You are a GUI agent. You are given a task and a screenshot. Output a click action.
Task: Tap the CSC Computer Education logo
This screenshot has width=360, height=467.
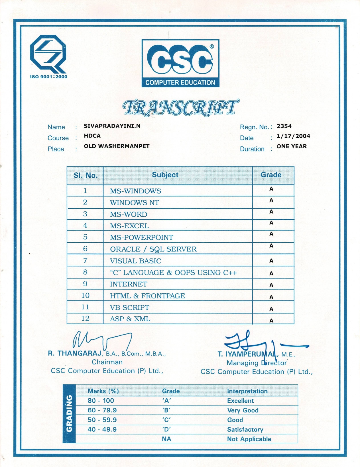(x=180, y=63)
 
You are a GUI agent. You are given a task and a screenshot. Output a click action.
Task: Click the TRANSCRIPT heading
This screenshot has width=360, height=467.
(x=181, y=108)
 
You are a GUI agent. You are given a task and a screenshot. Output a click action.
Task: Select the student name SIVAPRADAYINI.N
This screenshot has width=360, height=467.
(x=112, y=126)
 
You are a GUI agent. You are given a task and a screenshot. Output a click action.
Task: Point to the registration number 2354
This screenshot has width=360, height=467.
(x=284, y=126)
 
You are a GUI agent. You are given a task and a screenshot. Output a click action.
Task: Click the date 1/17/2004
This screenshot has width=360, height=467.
(x=293, y=136)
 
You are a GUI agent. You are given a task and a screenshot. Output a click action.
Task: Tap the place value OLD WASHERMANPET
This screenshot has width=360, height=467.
(x=117, y=146)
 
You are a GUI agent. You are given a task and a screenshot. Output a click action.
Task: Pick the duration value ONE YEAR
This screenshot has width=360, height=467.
(x=292, y=146)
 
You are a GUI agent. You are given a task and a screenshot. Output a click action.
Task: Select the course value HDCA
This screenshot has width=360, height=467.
(x=92, y=136)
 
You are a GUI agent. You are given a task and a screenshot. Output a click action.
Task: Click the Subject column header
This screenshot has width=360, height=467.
(x=165, y=175)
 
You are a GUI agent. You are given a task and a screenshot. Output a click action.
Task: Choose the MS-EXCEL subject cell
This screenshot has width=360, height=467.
(x=129, y=226)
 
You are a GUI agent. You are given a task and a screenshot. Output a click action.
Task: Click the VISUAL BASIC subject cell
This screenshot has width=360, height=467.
(x=136, y=261)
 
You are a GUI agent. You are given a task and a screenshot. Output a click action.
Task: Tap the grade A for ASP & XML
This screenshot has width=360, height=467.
(x=271, y=321)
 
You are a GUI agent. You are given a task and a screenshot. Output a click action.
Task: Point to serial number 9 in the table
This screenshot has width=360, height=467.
(x=85, y=284)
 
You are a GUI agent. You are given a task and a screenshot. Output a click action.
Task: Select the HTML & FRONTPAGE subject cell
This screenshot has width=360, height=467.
(x=148, y=296)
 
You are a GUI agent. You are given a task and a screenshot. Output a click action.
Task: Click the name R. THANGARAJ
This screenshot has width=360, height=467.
(x=75, y=353)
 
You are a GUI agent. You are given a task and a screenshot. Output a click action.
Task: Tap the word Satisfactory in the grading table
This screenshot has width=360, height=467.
(x=245, y=429)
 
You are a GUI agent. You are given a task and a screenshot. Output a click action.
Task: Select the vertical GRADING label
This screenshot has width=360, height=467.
(x=69, y=413)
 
